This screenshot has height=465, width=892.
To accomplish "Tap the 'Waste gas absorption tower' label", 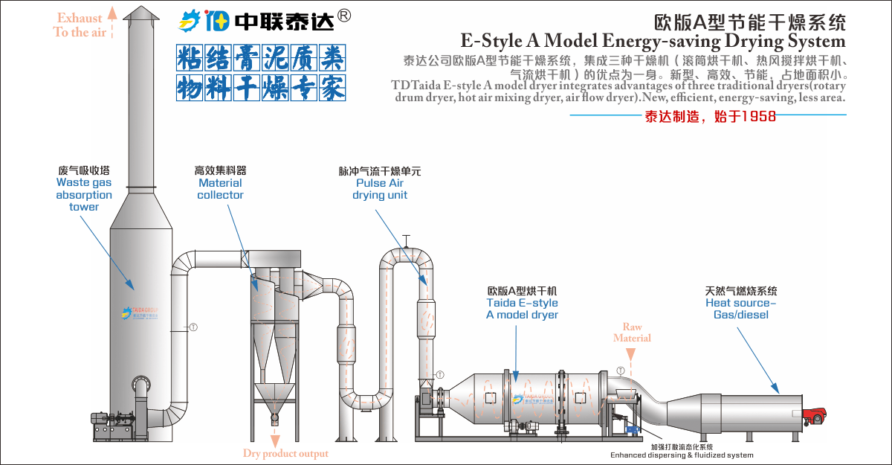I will (84, 195).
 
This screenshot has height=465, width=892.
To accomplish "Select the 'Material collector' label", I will (220, 189).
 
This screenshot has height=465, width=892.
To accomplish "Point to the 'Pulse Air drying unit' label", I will (380, 189).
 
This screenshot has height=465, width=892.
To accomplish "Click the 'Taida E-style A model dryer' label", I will (522, 309).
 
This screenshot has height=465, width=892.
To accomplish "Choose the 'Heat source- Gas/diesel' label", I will (741, 309).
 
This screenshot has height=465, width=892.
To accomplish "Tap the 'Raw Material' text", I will (632, 333).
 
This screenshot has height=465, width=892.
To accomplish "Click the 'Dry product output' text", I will (285, 453).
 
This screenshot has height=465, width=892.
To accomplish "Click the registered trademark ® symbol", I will (344, 16).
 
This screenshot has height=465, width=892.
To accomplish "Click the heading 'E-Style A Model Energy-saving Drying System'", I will (653, 40).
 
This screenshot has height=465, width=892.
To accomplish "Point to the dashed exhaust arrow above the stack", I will (112, 20).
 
